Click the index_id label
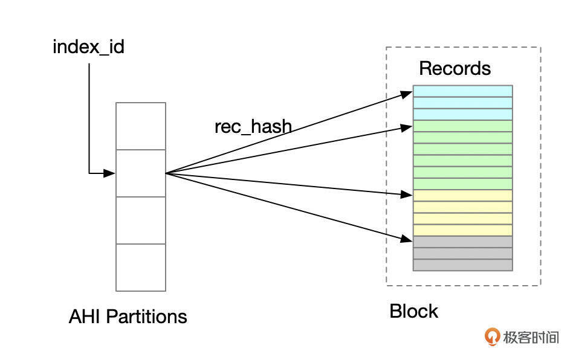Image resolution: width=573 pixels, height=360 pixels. [88, 47]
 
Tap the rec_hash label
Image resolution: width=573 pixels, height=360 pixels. [253, 127]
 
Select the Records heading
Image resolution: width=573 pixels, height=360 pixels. [455, 68]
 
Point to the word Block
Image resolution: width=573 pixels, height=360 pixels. [413, 312]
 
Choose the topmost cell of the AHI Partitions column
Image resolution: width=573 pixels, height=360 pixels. [141, 126]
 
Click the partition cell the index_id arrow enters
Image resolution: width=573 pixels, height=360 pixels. [141, 173]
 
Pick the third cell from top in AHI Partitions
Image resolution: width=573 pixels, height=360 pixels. [141, 220]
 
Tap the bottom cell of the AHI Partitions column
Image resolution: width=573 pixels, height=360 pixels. [141, 268]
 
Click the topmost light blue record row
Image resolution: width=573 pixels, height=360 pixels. [463, 91]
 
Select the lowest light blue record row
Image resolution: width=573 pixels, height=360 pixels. [463, 114]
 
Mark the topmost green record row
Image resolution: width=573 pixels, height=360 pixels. [463, 126]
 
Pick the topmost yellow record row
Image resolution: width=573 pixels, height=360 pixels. [463, 195]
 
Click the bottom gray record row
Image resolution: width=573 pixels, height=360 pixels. [463, 265]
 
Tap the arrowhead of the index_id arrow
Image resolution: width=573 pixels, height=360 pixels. [109, 174]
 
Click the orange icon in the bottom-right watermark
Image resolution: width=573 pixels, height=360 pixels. [493, 337]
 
